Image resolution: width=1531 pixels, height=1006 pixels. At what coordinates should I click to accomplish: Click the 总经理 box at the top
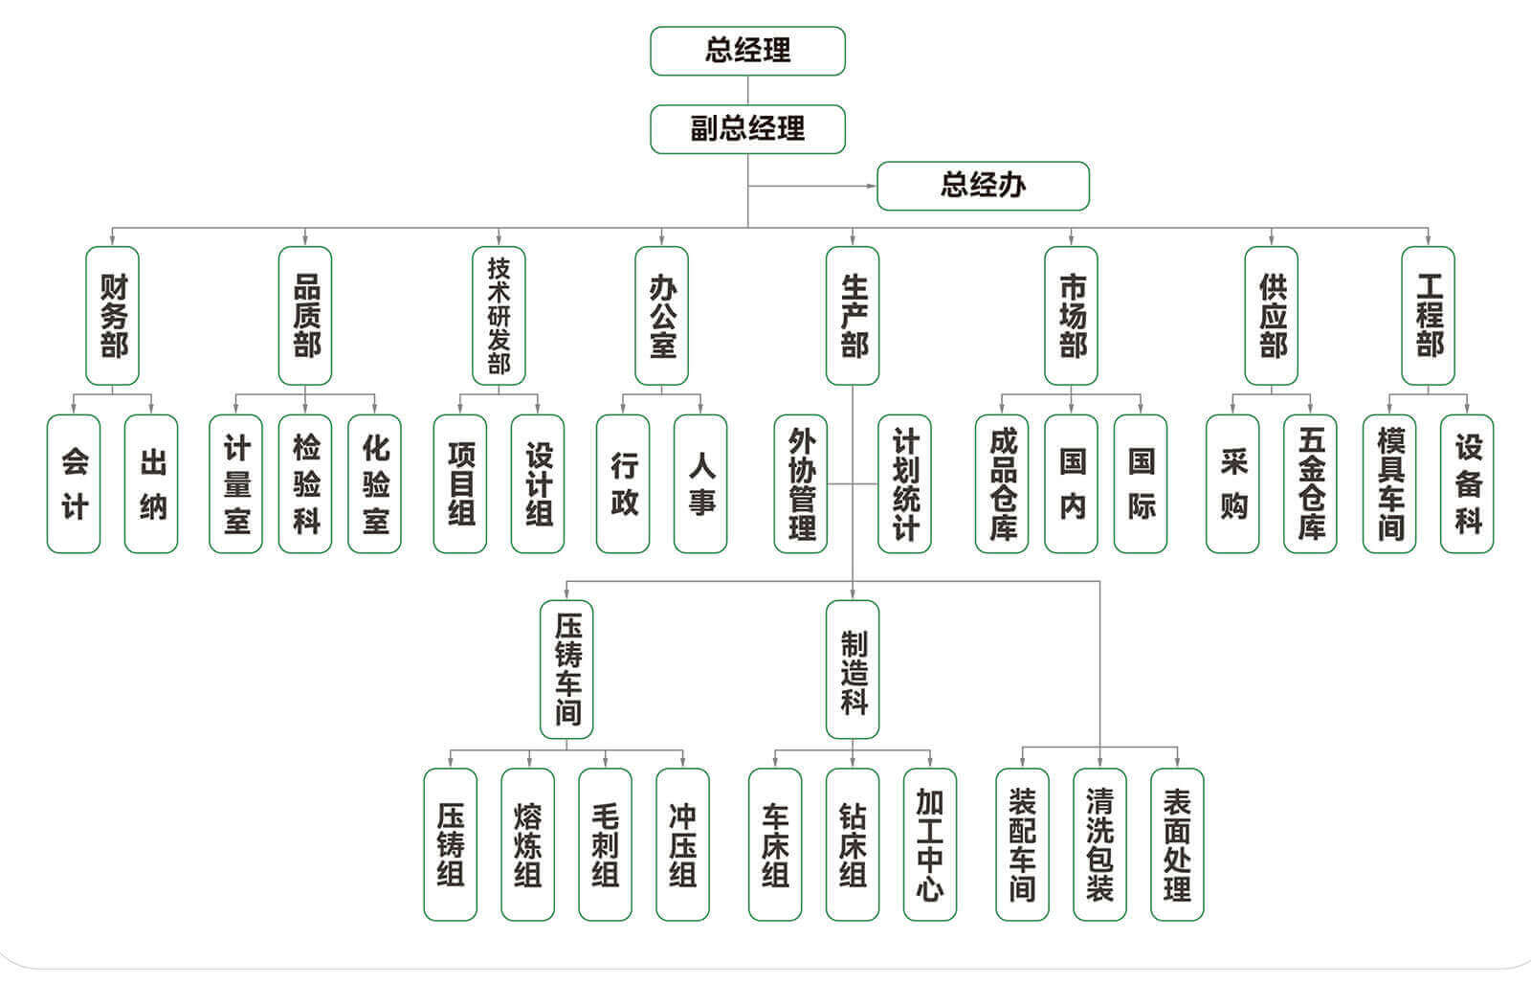tap(747, 51)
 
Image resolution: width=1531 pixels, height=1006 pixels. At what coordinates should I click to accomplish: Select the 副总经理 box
tap(747, 129)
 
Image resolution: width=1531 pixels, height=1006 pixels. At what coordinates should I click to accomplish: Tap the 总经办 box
tap(983, 186)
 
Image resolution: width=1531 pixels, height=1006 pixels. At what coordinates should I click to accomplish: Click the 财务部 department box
tap(113, 316)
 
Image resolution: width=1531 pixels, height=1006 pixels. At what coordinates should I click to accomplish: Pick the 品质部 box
tap(305, 316)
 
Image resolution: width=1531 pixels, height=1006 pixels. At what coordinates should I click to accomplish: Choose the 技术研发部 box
tap(499, 316)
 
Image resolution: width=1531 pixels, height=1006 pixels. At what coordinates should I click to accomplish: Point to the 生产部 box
tap(853, 316)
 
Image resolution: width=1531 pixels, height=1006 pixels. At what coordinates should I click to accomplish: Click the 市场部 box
tap(1071, 316)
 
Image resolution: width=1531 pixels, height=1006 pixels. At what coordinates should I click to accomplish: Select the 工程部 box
tap(1428, 316)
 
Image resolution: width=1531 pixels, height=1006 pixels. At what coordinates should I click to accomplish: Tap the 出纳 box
tap(151, 483)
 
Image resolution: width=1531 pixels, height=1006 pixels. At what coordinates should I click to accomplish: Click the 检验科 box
tap(305, 483)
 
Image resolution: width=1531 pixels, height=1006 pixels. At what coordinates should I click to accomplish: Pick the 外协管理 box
tap(801, 483)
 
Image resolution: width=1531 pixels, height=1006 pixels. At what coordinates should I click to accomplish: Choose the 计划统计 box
tap(904, 483)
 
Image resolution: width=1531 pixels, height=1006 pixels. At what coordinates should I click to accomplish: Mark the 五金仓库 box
tap(1310, 483)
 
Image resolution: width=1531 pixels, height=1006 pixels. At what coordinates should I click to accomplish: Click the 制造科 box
tap(853, 670)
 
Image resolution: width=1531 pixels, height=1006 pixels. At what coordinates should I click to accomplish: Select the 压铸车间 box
tap(566, 670)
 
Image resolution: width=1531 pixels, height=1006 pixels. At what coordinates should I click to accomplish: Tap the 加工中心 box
tap(930, 843)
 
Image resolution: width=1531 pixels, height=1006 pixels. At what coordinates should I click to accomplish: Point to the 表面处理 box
tap(1177, 843)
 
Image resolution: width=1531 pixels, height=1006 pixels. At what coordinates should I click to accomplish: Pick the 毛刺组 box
tap(605, 843)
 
